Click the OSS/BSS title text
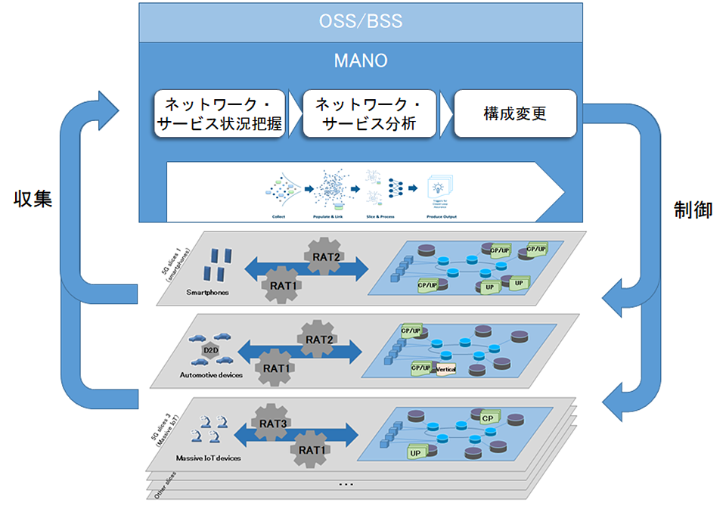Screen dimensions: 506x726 (360, 20)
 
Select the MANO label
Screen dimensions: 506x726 (360, 59)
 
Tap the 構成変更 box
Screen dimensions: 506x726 (514, 114)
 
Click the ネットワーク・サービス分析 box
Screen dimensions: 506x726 (369, 114)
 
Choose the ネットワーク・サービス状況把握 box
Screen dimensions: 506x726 (219, 114)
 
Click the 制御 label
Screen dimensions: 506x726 (693, 211)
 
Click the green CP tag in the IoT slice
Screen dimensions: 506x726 (488, 417)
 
